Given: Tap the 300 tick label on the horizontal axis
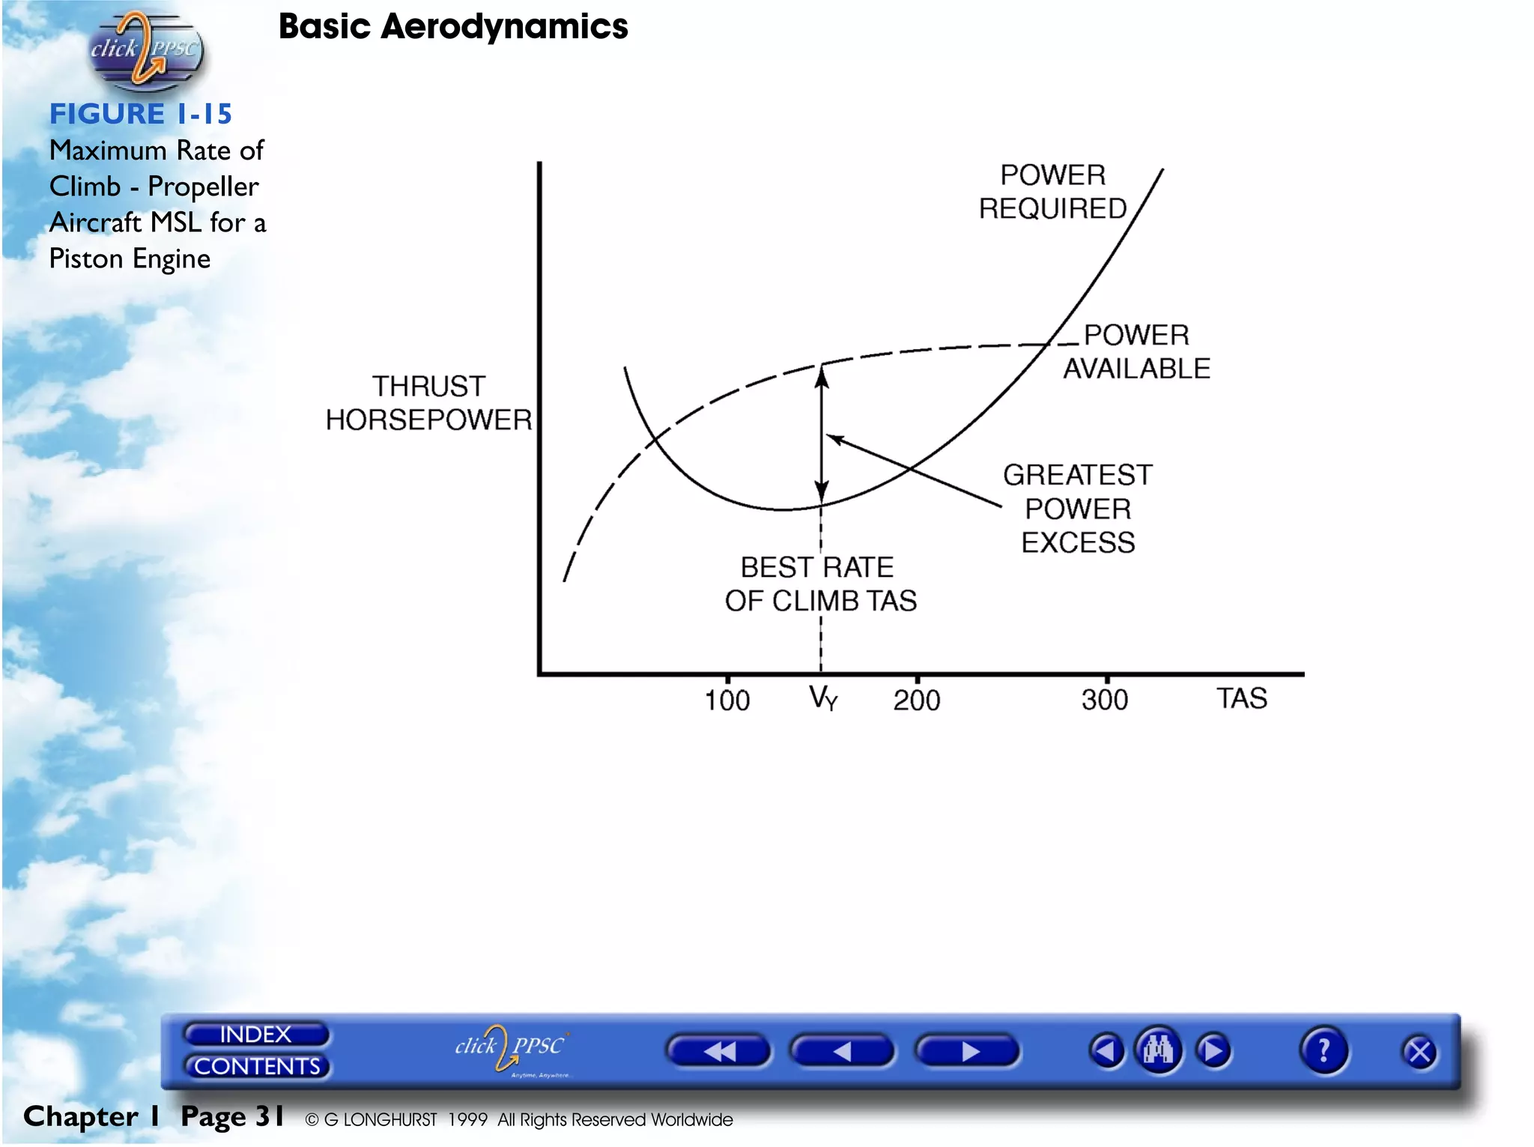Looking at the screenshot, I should pyautogui.click(x=1105, y=700).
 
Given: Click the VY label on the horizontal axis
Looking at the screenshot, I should pyautogui.click(x=823, y=699).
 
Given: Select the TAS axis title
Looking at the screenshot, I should pyautogui.click(x=1241, y=699).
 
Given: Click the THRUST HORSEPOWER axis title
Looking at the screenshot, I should pyautogui.click(x=428, y=404).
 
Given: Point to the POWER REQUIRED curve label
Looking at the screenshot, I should pyautogui.click(x=1052, y=193).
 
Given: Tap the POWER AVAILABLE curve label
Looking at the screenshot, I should pyautogui.click(x=1136, y=352).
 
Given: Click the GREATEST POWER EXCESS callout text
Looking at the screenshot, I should pyautogui.click(x=1078, y=509).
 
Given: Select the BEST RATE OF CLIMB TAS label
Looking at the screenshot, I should pyautogui.click(x=819, y=584).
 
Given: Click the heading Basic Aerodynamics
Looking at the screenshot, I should pyautogui.click(x=453, y=27).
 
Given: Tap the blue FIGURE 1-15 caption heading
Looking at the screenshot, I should pyautogui.click(x=141, y=114).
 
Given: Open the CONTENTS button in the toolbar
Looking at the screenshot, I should pyautogui.click(x=257, y=1066).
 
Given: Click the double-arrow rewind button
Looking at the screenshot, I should pyautogui.click(x=718, y=1052).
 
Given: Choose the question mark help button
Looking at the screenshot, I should pyautogui.click(x=1324, y=1050).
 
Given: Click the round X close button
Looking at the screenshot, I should pyautogui.click(x=1419, y=1052).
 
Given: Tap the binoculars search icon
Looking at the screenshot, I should pyautogui.click(x=1158, y=1050).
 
